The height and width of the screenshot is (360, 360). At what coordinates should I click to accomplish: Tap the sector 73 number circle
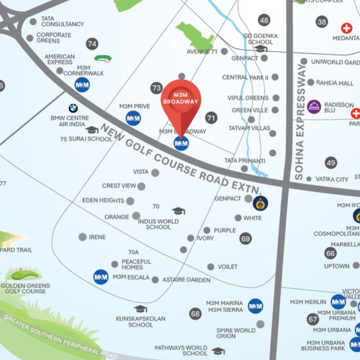[x=156, y=88]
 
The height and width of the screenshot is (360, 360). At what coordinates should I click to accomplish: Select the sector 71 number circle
[x=211, y=117]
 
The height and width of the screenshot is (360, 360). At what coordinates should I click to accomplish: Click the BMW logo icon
[x=73, y=108]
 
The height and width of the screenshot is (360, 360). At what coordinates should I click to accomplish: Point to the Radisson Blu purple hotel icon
[x=314, y=107]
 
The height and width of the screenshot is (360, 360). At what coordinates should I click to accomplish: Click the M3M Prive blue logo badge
[x=133, y=118]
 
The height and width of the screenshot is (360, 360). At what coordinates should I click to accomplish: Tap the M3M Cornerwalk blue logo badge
[x=82, y=85]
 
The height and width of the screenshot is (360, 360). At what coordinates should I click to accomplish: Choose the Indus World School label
[x=158, y=224]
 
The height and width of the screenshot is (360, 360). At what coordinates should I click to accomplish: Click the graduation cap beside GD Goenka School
[x=261, y=49]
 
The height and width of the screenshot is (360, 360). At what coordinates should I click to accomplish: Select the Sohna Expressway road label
[x=300, y=122]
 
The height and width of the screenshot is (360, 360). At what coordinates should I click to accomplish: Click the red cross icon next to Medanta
[x=346, y=28]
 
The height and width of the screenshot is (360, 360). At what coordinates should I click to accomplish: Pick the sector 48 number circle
[x=264, y=20]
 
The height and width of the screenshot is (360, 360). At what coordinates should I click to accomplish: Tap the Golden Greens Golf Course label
[x=25, y=288]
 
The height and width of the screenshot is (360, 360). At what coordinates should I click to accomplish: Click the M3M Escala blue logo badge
[x=101, y=277]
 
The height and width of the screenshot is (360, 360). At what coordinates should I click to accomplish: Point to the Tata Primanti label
[x=245, y=161]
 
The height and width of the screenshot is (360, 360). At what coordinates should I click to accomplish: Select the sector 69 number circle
[x=245, y=238]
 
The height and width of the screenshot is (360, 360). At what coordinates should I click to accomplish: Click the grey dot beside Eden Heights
[x=130, y=201]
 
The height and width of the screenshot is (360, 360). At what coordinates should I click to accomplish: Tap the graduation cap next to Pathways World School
[x=218, y=351]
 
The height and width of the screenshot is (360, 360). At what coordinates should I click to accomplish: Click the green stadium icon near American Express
[x=103, y=59]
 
